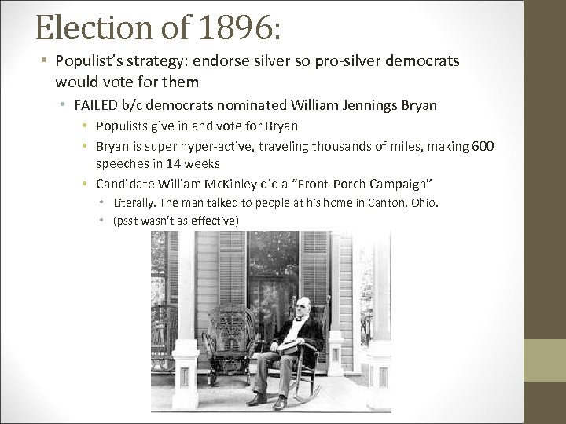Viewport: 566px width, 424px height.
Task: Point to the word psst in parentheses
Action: click(127, 220)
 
